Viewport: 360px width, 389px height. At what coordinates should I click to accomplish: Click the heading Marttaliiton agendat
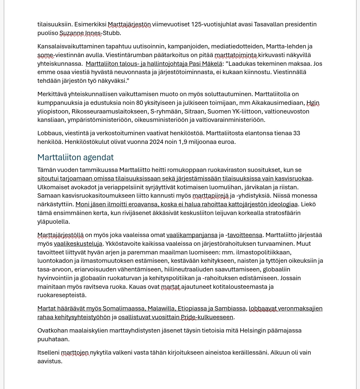click(x=75, y=157)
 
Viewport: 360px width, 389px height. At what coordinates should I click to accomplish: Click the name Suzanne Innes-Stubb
click(x=90, y=33)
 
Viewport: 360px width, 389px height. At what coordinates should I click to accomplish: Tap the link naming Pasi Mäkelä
click(x=154, y=63)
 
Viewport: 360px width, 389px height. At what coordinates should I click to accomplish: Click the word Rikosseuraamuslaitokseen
click(x=109, y=111)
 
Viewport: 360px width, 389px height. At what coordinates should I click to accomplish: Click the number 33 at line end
click(x=296, y=133)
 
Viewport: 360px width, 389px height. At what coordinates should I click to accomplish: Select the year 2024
click(x=156, y=142)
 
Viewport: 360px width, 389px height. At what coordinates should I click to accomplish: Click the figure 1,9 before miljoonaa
click(x=183, y=142)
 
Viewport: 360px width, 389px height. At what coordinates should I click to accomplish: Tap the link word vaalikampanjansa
click(x=192, y=235)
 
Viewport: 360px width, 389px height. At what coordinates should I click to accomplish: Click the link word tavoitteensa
click(x=245, y=235)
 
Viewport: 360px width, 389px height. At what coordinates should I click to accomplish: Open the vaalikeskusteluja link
click(x=78, y=244)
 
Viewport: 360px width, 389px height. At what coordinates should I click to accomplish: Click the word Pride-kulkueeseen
click(x=207, y=317)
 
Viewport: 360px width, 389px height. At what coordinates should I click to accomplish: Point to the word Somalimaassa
click(x=123, y=309)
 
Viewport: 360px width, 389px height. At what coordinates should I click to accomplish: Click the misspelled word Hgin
click(x=313, y=103)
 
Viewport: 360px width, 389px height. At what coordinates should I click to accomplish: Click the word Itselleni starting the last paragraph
click(x=48, y=353)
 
